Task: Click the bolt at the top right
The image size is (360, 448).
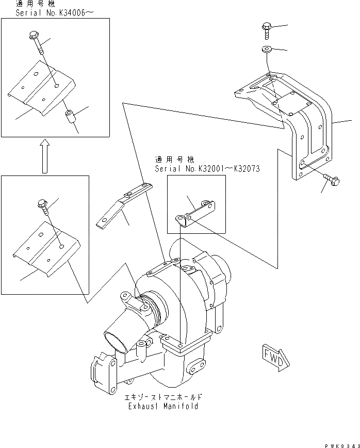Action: [x=267, y=28]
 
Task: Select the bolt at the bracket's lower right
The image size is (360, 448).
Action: [x=331, y=180]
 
